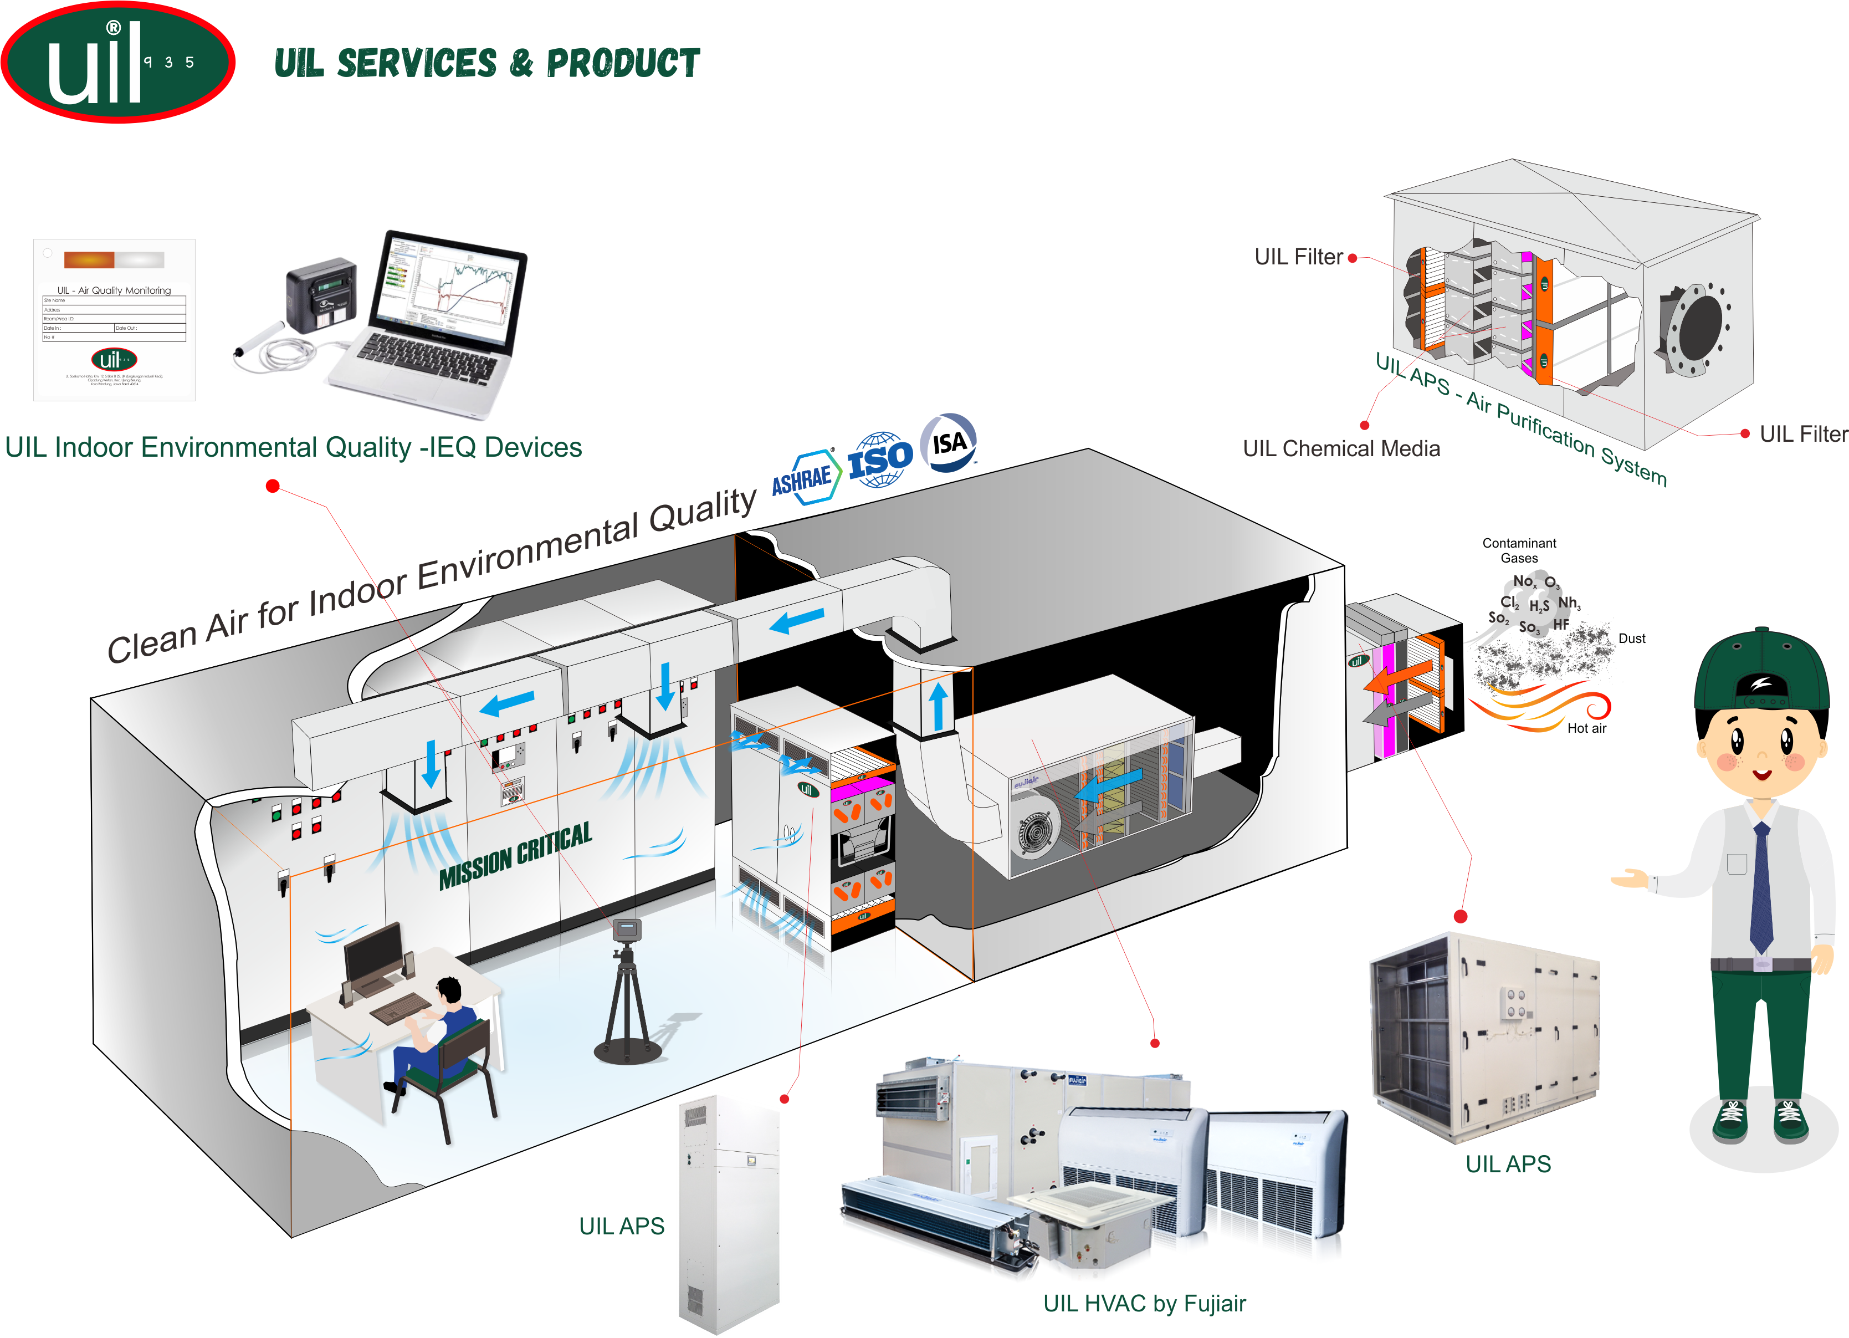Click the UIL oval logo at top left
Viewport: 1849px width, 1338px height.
[118, 63]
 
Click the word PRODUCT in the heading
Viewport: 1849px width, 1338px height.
[623, 64]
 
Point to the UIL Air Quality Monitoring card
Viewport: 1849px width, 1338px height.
[114, 320]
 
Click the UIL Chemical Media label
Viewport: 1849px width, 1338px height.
[1341, 448]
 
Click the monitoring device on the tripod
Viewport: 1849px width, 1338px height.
[626, 930]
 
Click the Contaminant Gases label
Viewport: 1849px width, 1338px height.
[1519, 550]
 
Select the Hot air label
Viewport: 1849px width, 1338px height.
[1586, 728]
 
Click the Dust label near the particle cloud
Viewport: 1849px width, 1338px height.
[1631, 639]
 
